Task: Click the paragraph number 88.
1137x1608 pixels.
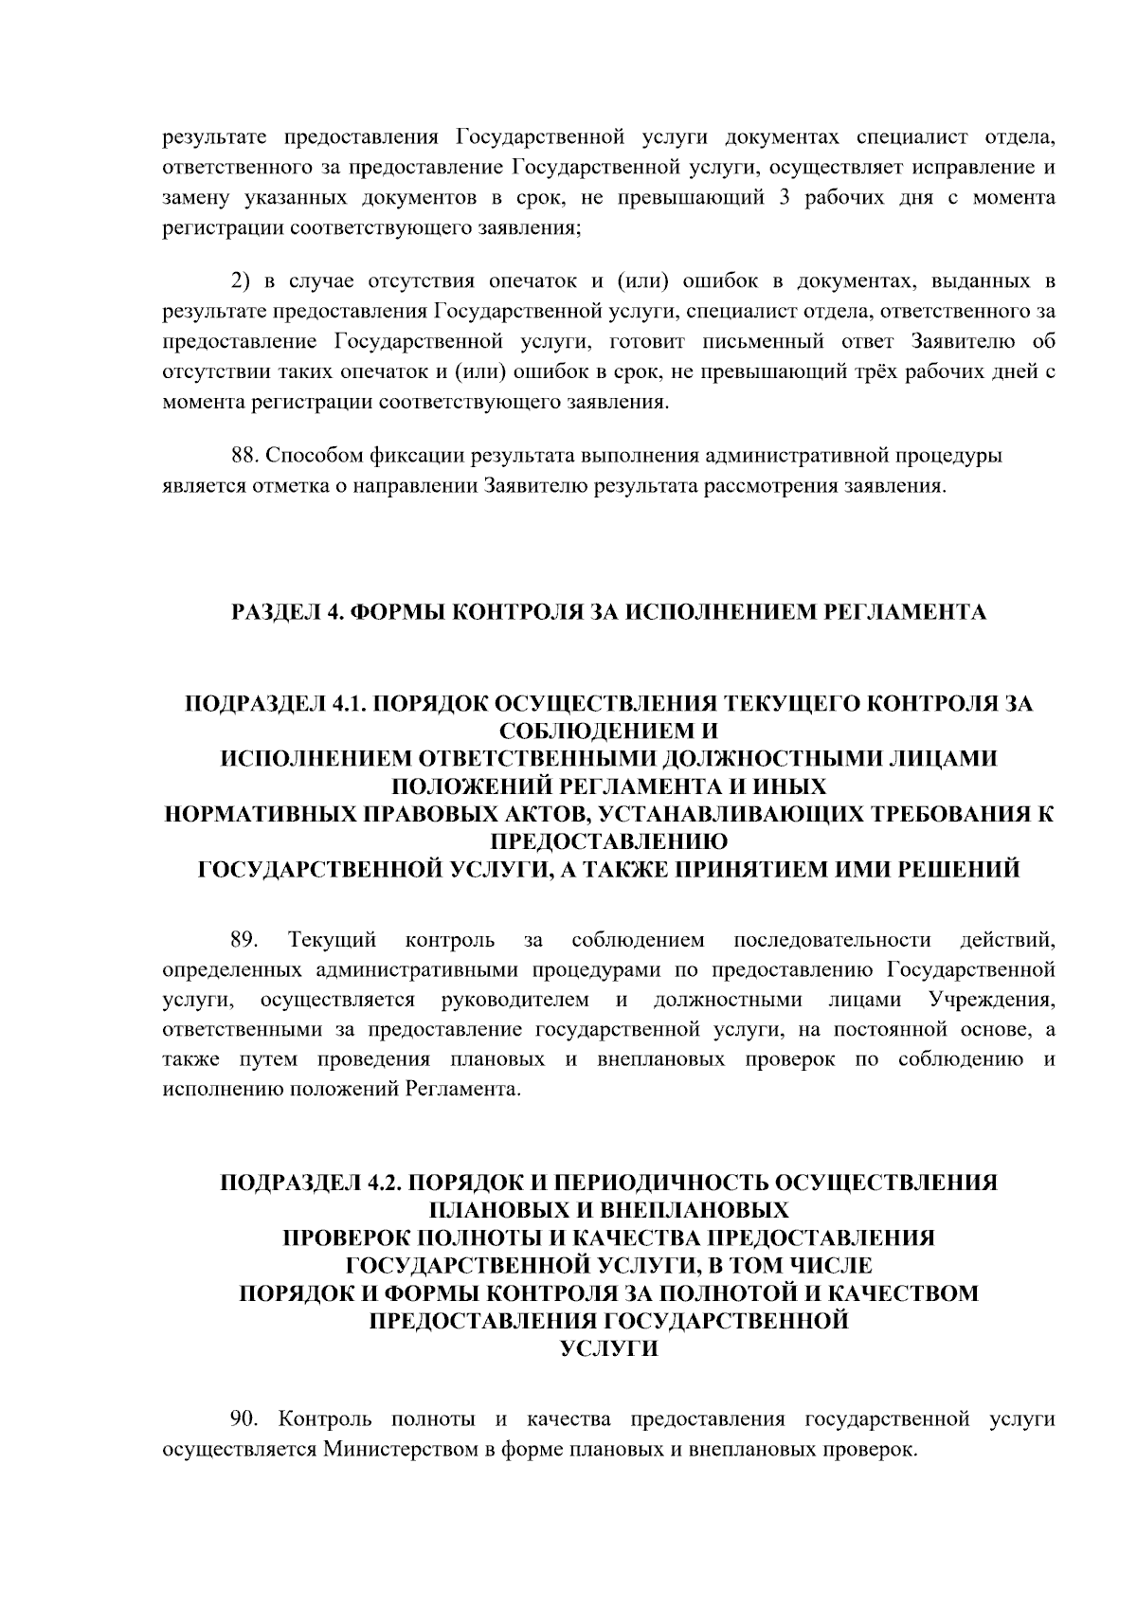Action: (x=245, y=456)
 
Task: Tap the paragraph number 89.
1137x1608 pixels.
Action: (x=245, y=940)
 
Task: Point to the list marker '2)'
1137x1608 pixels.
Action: (x=242, y=280)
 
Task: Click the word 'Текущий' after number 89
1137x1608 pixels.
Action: (x=333, y=940)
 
